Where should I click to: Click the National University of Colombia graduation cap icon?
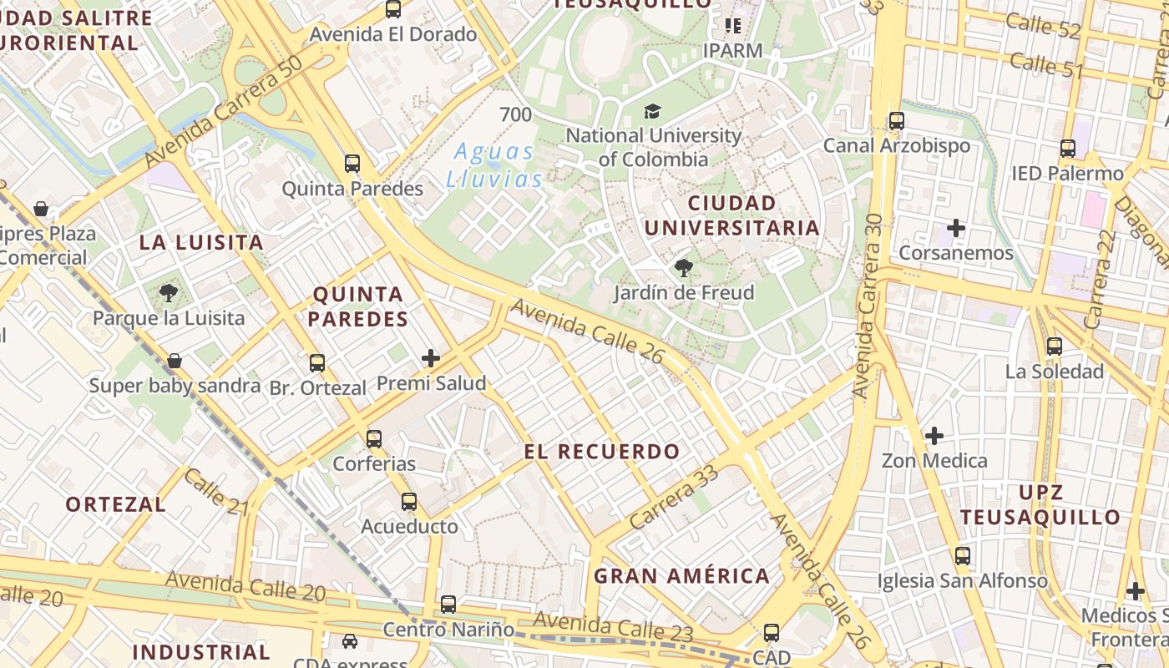coord(652,111)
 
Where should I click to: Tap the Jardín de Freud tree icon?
coord(683,268)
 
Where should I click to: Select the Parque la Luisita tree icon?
coord(169,293)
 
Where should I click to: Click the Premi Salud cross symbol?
coord(431,359)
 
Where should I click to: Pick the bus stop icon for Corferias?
coord(374,438)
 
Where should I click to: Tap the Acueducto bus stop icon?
coord(409,502)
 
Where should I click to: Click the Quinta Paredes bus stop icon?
coord(352,164)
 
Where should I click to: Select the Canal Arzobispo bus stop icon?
coord(897,121)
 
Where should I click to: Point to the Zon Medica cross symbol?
coord(934,436)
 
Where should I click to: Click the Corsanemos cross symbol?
coord(956,228)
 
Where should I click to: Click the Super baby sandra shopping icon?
coord(175,361)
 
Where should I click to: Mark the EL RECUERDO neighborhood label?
coord(602,452)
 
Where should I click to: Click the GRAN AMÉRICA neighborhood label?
coord(681,575)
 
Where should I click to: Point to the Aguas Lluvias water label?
coord(494,165)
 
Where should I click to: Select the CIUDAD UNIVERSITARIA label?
coord(731,215)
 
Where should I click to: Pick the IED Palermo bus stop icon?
coord(1068,149)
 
